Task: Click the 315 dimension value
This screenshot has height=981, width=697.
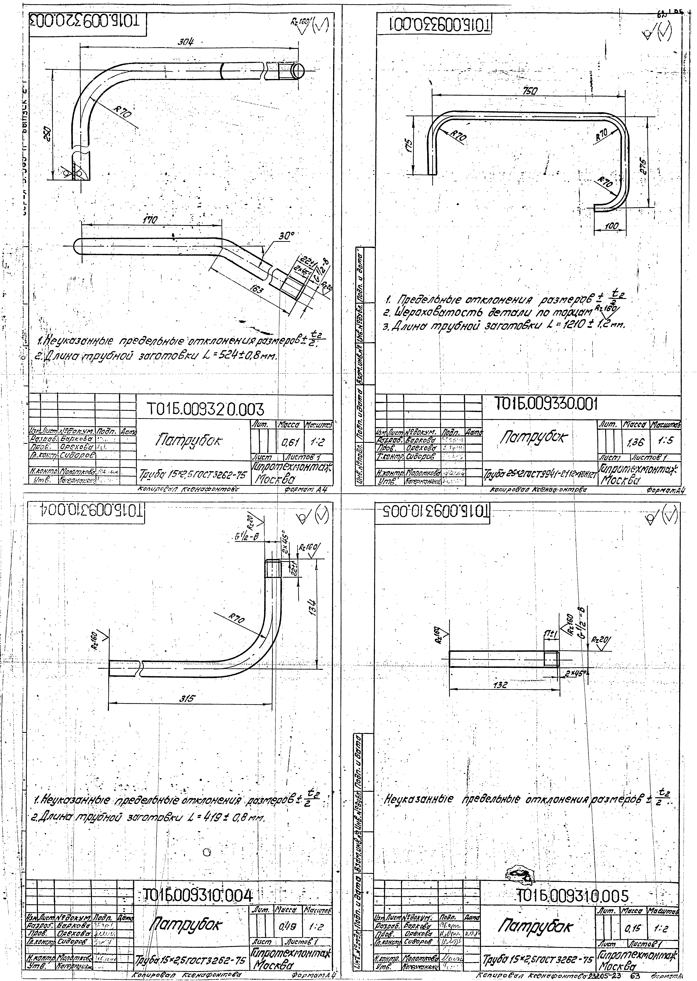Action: click(x=187, y=698)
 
